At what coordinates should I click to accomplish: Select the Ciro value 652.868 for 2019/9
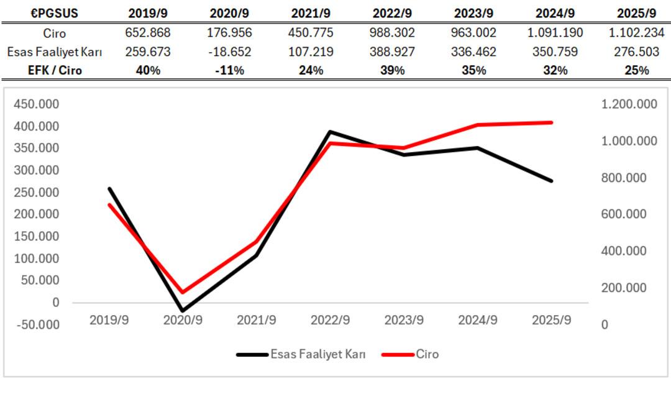coord(147,33)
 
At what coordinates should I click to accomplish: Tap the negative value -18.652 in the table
coord(228,52)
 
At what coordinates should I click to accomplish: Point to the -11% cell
coord(228,70)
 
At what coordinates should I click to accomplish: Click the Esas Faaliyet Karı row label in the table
coord(54,52)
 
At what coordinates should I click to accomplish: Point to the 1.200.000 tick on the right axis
coord(629,104)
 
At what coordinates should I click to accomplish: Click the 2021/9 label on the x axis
coord(257,320)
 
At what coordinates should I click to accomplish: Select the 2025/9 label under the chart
coord(552,320)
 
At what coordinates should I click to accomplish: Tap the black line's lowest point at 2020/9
coord(183,310)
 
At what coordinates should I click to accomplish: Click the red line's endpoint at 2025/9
coord(551,122)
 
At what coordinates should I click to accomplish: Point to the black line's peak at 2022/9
coord(330,132)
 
